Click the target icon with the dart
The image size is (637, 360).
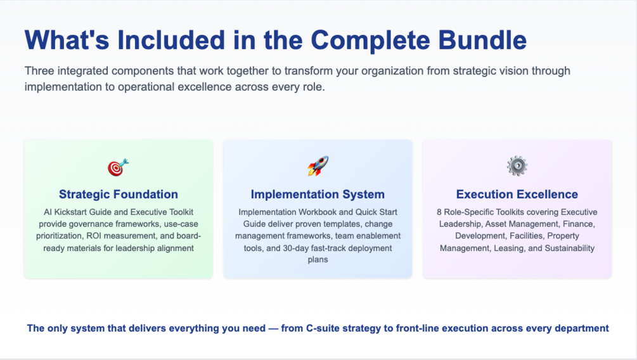118,167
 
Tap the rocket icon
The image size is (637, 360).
318,166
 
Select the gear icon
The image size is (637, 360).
517,166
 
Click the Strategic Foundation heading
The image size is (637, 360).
119,195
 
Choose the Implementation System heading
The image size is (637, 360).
318,195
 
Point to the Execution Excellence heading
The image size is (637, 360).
517,195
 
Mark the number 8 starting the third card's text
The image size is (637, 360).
439,212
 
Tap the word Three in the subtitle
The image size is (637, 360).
39,71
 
